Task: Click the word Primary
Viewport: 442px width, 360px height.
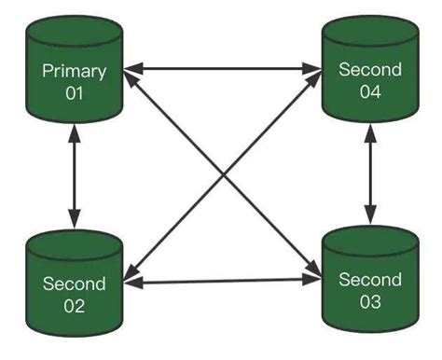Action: [x=75, y=71]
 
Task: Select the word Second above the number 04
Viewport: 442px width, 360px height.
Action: [x=369, y=70]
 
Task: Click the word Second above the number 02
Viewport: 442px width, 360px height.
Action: [x=75, y=284]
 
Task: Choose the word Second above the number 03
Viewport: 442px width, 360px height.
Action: [x=369, y=280]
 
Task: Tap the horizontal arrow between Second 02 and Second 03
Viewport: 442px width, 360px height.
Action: [x=222, y=282]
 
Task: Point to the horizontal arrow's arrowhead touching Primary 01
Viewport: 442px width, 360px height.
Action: [x=133, y=68]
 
